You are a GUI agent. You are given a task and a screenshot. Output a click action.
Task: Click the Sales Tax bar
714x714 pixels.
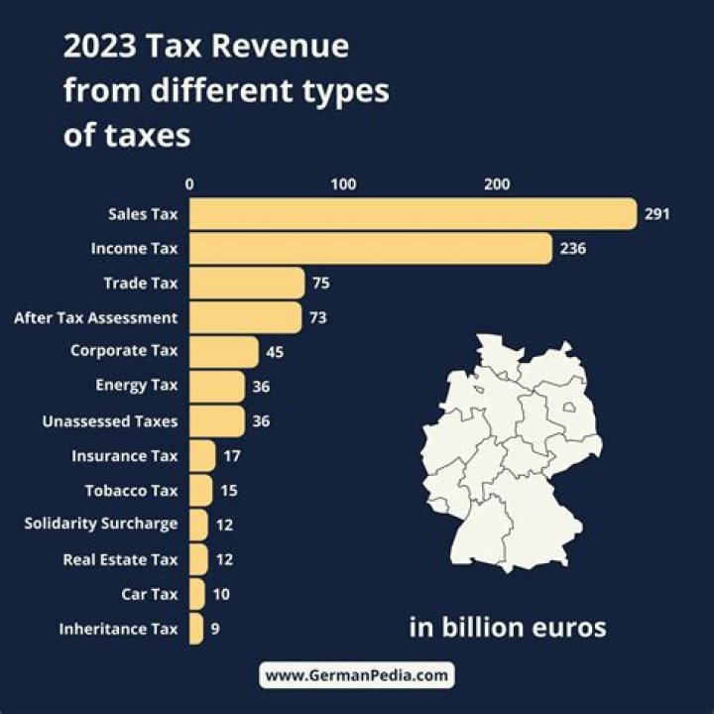(x=412, y=213)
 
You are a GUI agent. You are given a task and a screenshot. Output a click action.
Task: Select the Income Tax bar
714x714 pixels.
(x=370, y=248)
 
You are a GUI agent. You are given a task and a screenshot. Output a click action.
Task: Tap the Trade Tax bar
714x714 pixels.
(x=246, y=284)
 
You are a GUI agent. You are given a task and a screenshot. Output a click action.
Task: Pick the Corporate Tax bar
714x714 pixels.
(x=223, y=351)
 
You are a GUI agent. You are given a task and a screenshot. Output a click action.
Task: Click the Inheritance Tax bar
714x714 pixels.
(x=195, y=629)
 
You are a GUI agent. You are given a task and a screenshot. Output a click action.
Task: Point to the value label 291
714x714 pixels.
(x=657, y=213)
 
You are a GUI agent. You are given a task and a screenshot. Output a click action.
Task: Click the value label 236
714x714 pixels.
(x=572, y=248)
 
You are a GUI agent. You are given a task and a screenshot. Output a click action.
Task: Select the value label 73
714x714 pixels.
(x=317, y=318)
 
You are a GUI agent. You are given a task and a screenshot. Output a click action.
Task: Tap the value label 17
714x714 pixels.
(x=231, y=456)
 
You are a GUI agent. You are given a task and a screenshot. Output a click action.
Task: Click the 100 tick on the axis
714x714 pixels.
(x=343, y=183)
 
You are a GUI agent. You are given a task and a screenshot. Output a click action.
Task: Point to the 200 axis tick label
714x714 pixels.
(x=497, y=183)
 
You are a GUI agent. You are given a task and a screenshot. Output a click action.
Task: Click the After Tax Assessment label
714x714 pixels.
(x=96, y=318)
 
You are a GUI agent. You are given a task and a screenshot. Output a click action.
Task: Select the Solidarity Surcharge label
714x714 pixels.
(x=101, y=524)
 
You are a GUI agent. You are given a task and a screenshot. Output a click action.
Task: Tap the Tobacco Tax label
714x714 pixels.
(x=132, y=490)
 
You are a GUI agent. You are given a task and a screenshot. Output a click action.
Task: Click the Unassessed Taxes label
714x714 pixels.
(x=110, y=421)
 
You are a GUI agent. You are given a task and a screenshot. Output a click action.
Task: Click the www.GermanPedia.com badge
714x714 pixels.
(x=357, y=675)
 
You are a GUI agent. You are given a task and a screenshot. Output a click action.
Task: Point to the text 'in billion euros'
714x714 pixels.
(x=507, y=628)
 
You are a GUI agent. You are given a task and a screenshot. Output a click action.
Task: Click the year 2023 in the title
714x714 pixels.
(x=97, y=48)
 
